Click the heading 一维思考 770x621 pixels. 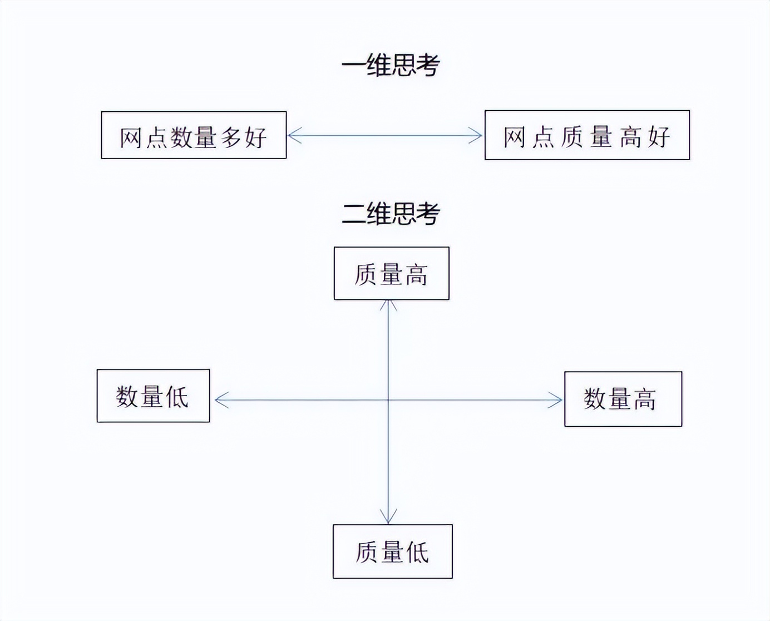coord(391,65)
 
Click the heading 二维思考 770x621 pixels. coord(391,214)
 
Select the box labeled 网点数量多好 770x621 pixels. coord(194,135)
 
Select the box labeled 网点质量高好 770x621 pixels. coord(587,135)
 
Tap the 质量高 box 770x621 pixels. coord(391,273)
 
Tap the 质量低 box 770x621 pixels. coord(392,551)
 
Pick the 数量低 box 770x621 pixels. coord(153,396)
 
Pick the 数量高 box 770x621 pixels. coord(623,399)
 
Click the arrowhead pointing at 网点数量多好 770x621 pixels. coord(293,135)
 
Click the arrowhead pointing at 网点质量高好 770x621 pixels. coord(477,135)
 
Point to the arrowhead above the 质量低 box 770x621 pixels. coord(388,518)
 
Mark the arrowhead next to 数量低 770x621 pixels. coord(219,400)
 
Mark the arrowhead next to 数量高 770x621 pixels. coord(557,400)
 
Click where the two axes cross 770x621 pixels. coord(388,400)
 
